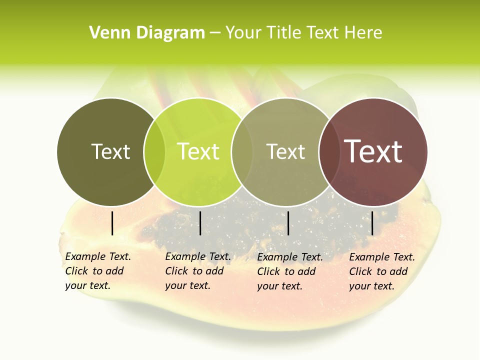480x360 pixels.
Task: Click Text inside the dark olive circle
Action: [110, 151]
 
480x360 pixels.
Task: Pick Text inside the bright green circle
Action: [198, 151]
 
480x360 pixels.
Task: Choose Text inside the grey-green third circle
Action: [285, 151]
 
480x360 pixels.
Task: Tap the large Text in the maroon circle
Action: [373, 151]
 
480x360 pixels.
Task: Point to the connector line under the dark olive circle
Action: [112, 223]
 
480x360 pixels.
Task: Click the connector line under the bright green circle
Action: [200, 223]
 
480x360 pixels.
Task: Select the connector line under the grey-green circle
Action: [288, 223]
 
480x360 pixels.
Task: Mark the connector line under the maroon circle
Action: [372, 223]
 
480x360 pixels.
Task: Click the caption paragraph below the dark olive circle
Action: [97, 271]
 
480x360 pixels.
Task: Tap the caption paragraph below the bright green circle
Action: [197, 271]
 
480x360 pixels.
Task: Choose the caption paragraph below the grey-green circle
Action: [289, 271]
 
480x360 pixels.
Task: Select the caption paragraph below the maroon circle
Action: [381, 271]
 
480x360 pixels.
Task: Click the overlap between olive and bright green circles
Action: [154, 152]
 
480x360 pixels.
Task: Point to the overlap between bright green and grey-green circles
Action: [241, 152]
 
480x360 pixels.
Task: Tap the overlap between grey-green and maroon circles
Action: [329, 152]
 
